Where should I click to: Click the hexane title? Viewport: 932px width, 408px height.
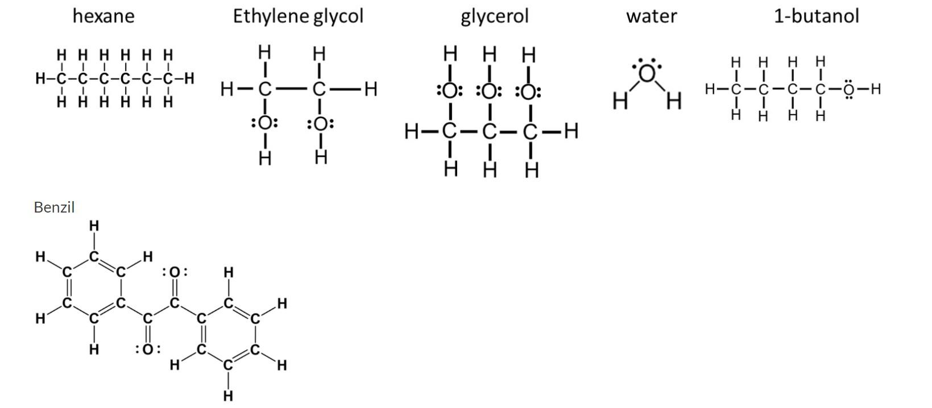[x=103, y=16]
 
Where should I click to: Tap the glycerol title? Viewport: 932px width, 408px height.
[x=494, y=16]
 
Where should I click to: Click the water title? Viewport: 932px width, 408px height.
[x=651, y=16]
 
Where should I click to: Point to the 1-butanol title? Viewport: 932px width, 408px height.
[x=816, y=16]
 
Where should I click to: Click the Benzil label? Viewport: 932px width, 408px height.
[x=54, y=207]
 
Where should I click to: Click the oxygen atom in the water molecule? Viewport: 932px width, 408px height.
[x=647, y=74]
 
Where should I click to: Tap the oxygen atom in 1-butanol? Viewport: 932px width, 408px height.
[x=848, y=89]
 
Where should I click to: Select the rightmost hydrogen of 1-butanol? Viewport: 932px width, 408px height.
[x=875, y=89]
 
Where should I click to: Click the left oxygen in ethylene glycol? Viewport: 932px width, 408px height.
[x=264, y=123]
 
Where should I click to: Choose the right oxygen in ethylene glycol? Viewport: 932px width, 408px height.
[x=320, y=123]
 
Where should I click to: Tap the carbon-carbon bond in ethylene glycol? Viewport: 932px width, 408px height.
[x=292, y=89]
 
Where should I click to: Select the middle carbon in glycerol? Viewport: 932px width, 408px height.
[x=489, y=132]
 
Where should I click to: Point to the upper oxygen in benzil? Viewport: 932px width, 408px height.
[x=175, y=273]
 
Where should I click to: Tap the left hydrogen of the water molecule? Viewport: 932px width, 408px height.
[x=619, y=101]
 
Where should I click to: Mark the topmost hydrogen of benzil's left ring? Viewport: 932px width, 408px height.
[x=94, y=226]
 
